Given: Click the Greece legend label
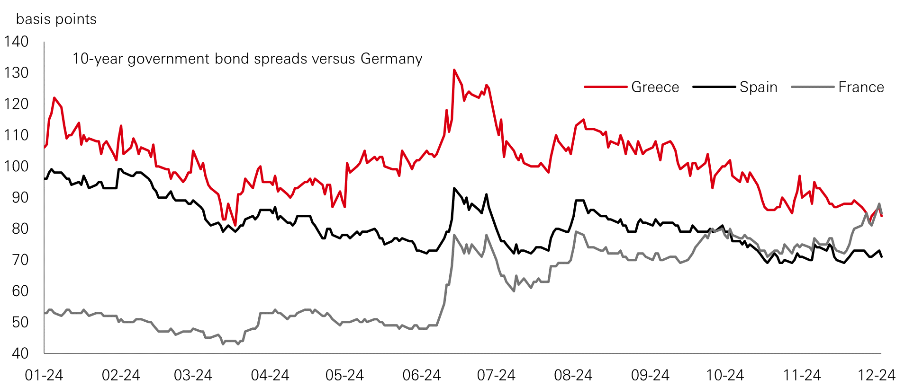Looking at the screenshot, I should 655,87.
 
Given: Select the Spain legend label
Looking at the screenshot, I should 758,87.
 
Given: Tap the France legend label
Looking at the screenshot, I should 860,87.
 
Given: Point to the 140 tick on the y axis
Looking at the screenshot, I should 17,42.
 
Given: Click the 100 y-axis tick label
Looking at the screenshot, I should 17,166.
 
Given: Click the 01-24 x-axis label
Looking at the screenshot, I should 44,375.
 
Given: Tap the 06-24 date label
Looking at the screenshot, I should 421,375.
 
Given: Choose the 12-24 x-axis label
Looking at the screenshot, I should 877,375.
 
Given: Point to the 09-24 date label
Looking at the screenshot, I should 650,375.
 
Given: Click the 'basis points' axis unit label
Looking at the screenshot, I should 56,19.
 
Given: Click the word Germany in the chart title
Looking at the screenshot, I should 391,59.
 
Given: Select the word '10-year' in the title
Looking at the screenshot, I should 98,59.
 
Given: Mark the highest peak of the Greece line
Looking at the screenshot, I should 454,70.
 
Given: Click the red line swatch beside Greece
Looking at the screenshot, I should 606,87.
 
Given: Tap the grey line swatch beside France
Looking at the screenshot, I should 812,87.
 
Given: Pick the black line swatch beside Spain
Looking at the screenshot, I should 714,87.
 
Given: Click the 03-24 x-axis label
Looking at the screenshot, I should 193,375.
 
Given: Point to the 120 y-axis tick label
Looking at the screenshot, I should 17,104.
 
